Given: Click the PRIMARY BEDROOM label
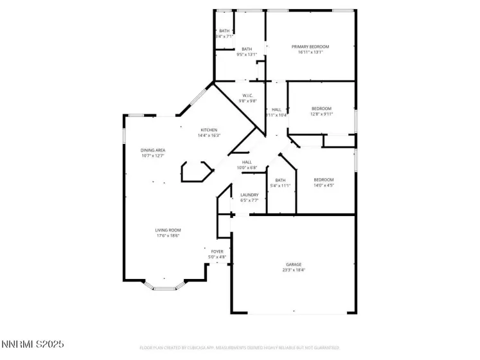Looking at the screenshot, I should point(310,47).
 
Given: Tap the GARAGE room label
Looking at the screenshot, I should point(294,264).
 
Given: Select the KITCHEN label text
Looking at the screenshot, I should point(209,130).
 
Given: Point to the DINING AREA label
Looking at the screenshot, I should point(153,150).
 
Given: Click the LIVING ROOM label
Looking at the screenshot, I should point(167,230).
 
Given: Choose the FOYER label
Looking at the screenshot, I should point(217,251).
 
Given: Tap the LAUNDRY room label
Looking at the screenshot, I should point(249,195).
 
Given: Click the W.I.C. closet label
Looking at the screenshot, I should point(247,96).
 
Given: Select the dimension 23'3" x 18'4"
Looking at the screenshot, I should point(294,270).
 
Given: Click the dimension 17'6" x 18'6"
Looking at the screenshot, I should point(167,236).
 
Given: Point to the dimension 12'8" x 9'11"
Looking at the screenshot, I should point(321,114).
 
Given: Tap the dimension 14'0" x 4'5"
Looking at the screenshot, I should point(324,185).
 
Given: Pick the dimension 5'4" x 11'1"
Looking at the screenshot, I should point(280,185).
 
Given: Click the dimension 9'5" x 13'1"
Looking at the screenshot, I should point(247,55).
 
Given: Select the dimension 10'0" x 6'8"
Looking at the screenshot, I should point(247,168).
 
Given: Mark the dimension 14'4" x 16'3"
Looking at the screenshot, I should point(209,136).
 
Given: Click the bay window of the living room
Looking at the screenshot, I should point(165,287).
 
